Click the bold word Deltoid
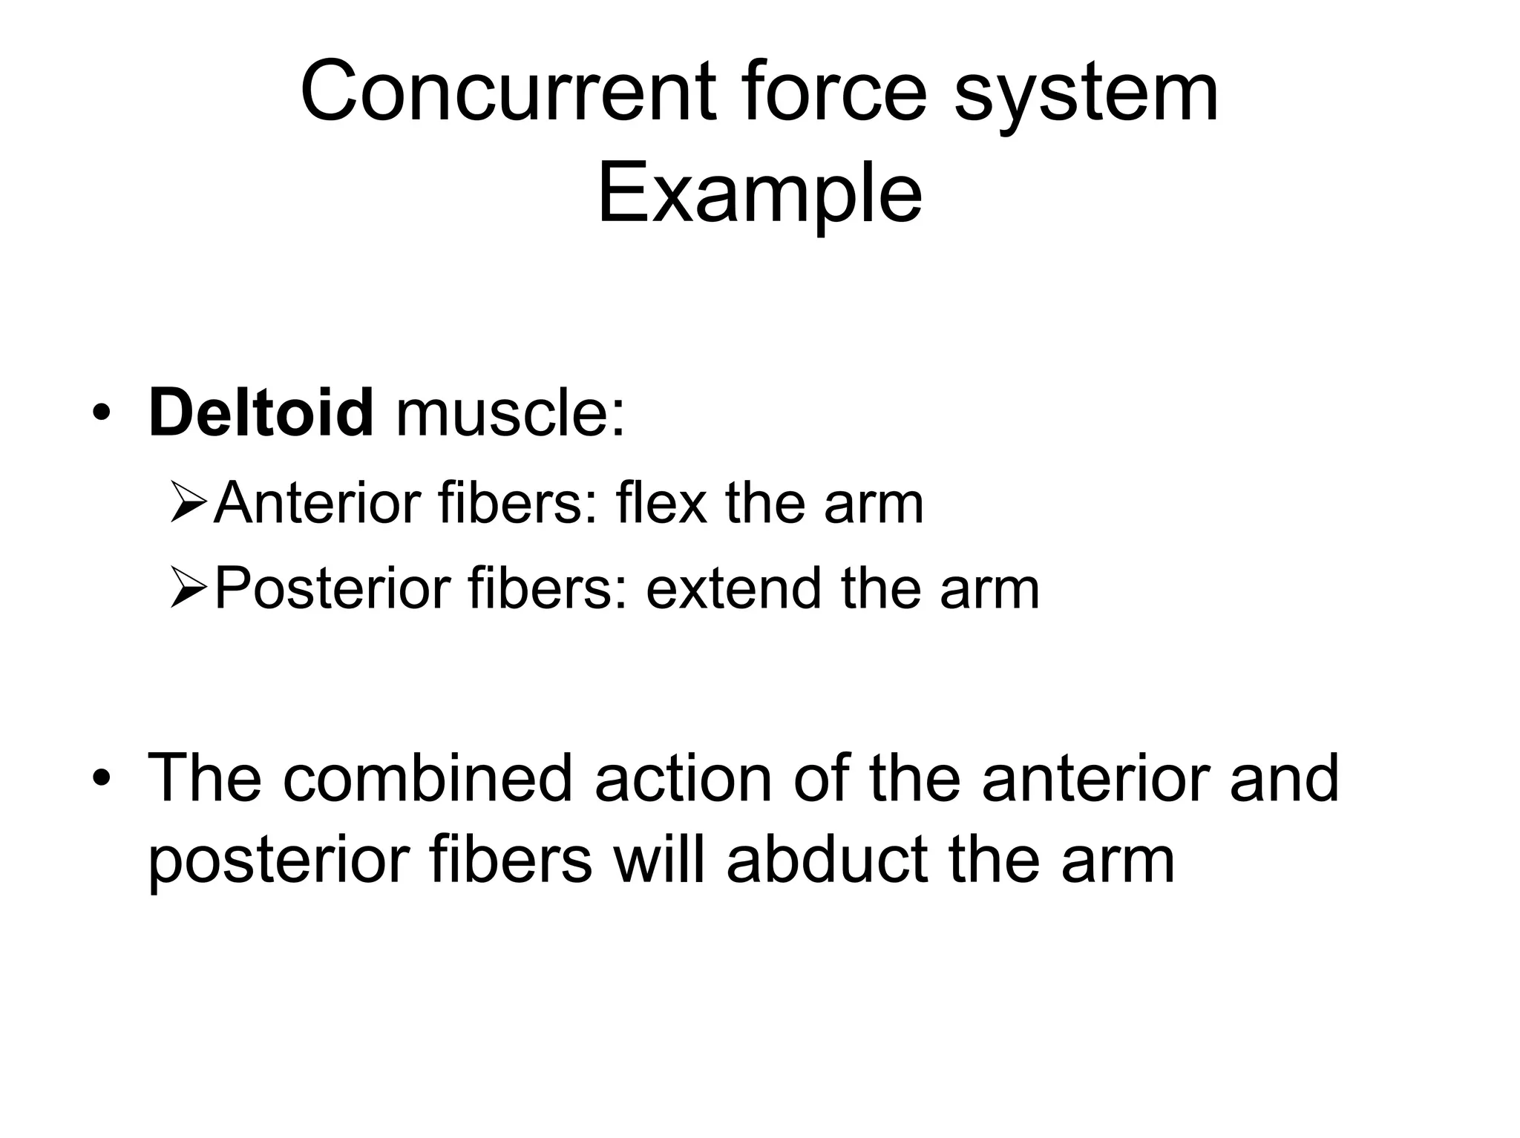coord(261,412)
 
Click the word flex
coord(661,503)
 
